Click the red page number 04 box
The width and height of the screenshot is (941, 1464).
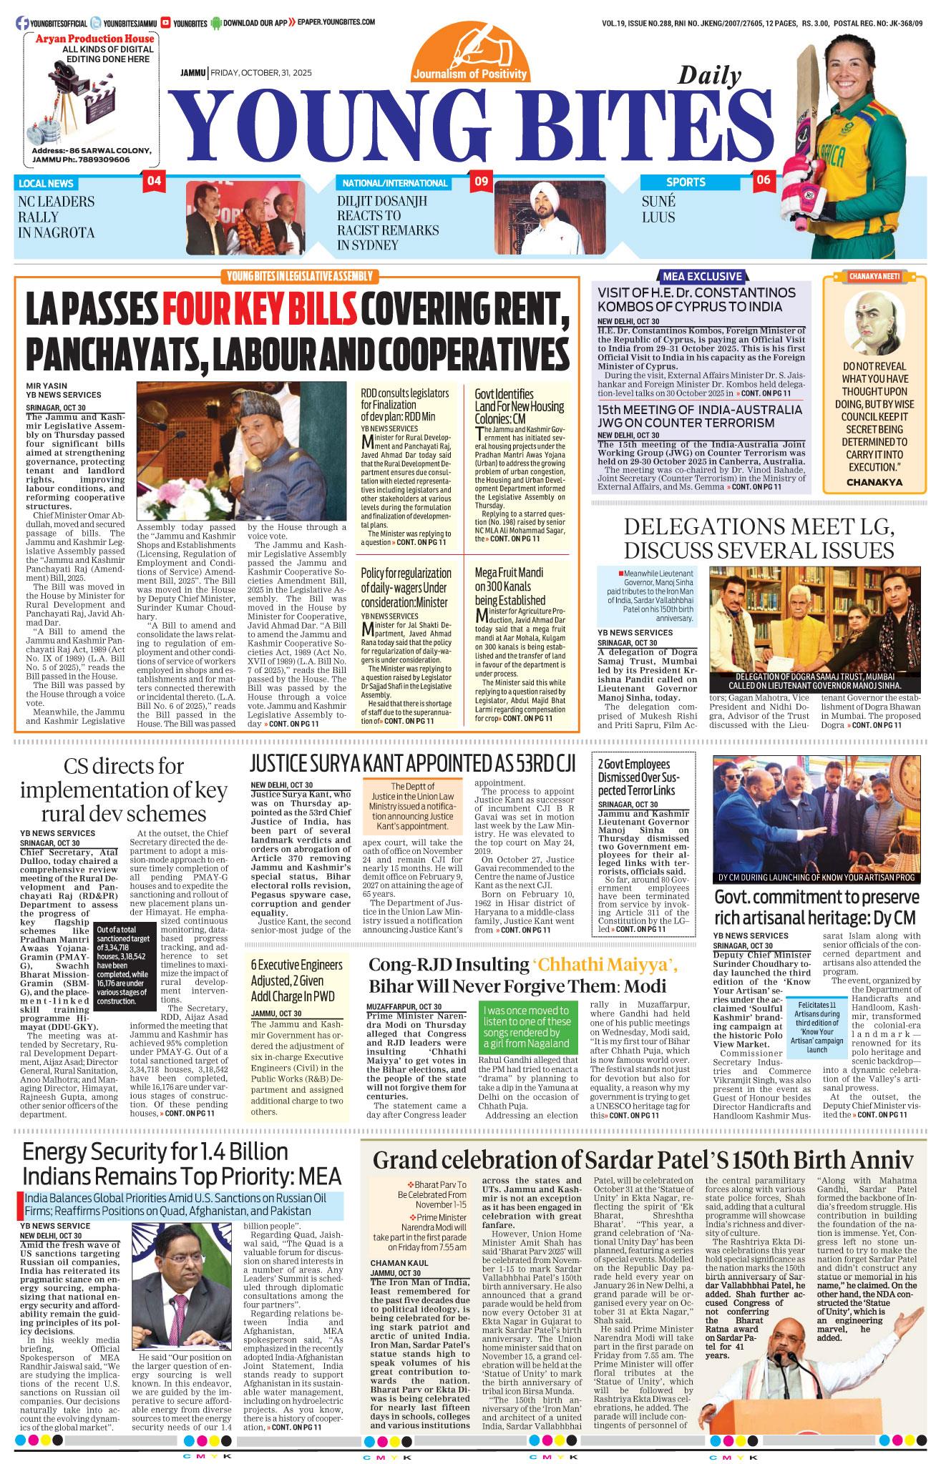[154, 182]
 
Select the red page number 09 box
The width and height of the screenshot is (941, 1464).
[481, 182]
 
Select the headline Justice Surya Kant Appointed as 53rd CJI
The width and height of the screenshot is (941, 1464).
[413, 763]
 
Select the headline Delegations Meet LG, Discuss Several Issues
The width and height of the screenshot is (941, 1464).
[759, 538]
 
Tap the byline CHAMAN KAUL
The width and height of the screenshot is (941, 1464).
[395, 1263]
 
